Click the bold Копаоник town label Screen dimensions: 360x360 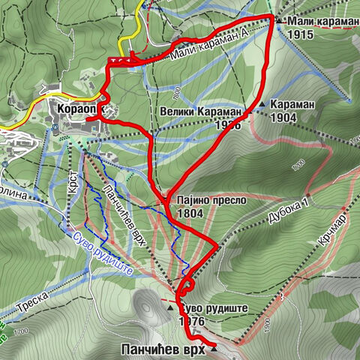tap(75, 109)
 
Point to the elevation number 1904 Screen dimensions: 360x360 tap(284, 117)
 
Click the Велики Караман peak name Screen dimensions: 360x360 tap(201, 112)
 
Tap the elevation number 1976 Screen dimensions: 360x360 tap(192, 320)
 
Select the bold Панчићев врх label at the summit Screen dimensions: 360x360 tap(163, 349)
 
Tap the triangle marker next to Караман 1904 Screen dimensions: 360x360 tap(263, 103)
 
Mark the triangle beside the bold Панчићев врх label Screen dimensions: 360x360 tap(214, 348)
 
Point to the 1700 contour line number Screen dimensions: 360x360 tap(21, 331)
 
